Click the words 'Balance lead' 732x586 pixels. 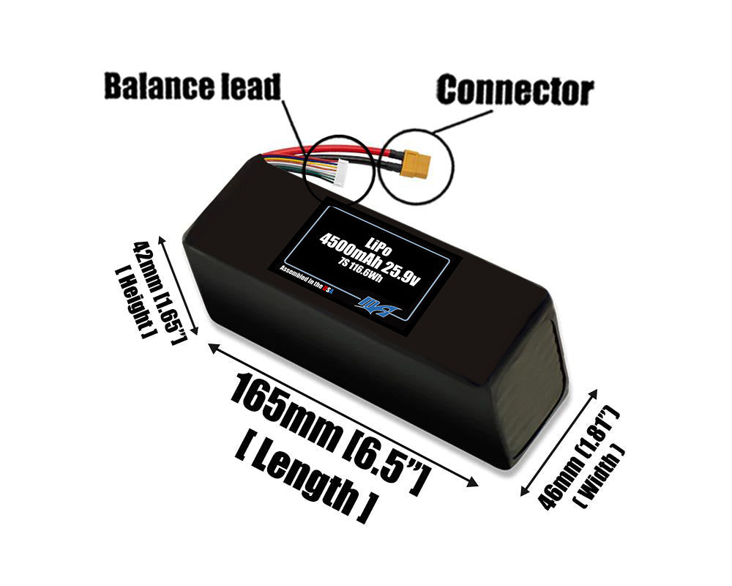point(192,86)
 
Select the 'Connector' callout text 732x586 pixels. point(515,91)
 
